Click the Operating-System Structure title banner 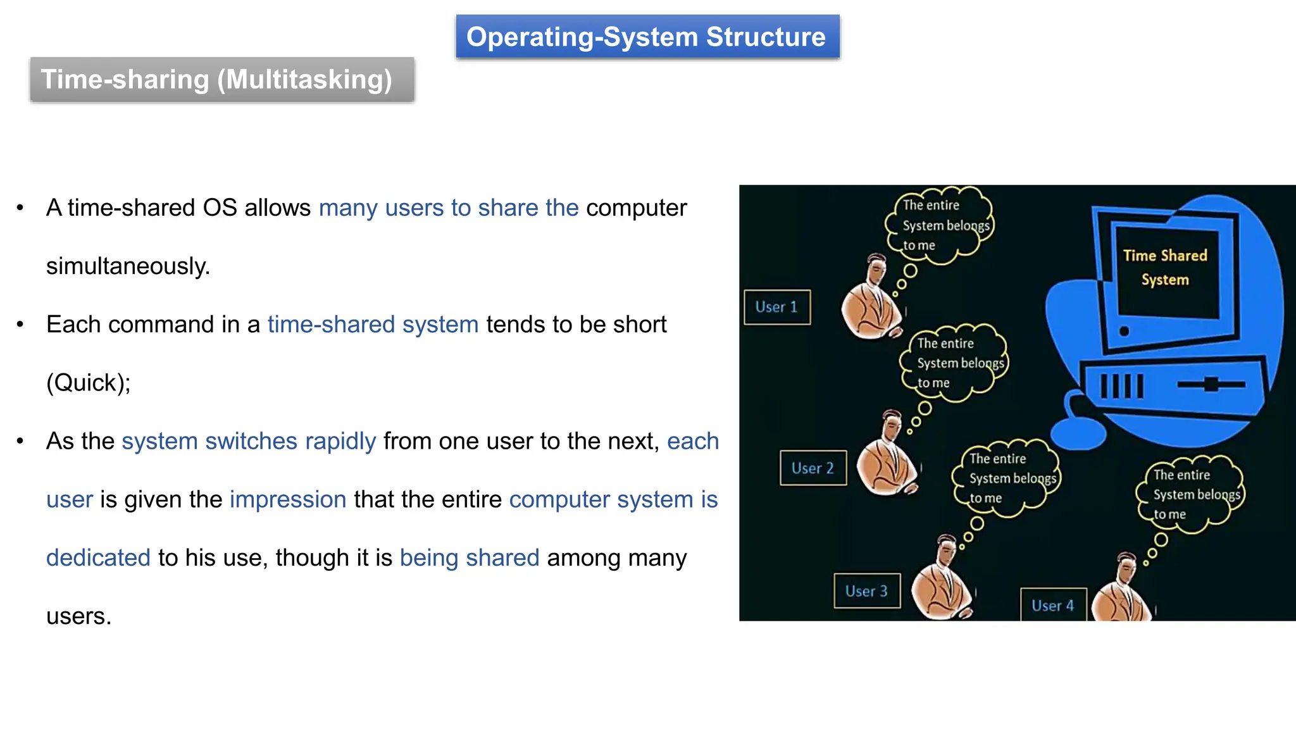click(x=647, y=37)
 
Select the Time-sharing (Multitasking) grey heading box click(x=221, y=80)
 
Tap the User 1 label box click(x=776, y=308)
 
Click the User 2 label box click(x=813, y=468)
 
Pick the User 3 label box click(x=866, y=591)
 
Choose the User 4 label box click(x=1053, y=606)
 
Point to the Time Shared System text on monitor click(x=1165, y=267)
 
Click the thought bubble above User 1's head click(x=940, y=225)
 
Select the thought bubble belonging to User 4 click(x=1190, y=494)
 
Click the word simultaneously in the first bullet click(x=127, y=266)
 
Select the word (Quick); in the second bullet click(x=88, y=383)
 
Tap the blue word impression click(x=288, y=499)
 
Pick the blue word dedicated click(x=98, y=558)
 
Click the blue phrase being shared click(x=469, y=558)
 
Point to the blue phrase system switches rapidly click(x=249, y=441)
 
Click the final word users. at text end click(x=78, y=616)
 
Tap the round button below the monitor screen click(x=1124, y=331)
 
